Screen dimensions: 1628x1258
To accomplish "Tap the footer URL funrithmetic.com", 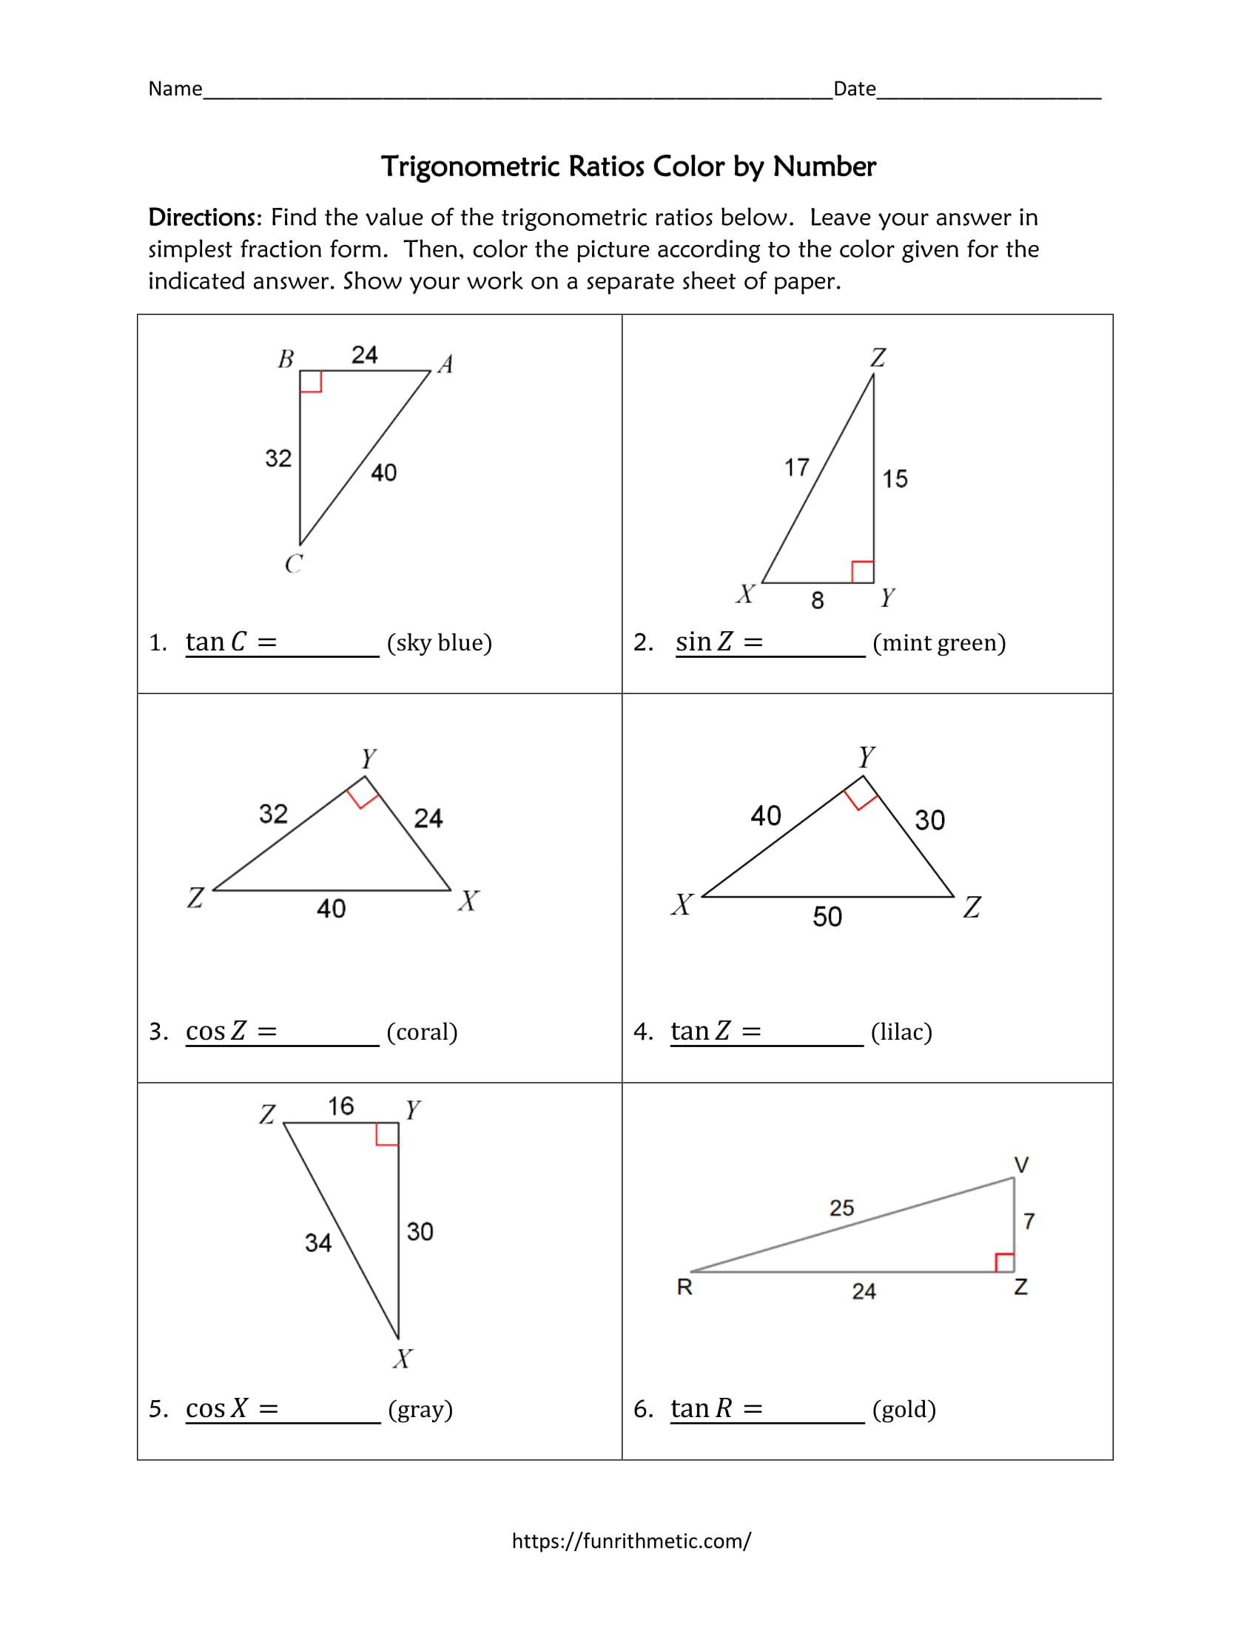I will (630, 1541).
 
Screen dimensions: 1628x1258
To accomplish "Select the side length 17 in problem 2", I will (796, 468).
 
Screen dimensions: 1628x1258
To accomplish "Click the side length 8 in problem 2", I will (818, 600).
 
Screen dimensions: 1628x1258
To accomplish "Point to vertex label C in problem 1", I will (294, 564).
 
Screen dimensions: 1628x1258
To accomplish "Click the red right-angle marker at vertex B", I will (311, 382).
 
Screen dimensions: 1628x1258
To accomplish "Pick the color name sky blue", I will (439, 642).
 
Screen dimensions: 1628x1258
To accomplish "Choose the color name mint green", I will (939, 642).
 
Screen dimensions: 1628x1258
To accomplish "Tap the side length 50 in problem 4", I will (827, 916).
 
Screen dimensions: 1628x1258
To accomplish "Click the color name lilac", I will (901, 1032).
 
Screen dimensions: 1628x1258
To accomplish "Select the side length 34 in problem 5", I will (318, 1242).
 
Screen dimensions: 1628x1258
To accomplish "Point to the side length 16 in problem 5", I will (340, 1106).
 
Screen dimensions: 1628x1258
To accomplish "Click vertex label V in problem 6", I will (1021, 1165).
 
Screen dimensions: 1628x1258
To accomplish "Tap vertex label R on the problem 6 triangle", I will (684, 1288).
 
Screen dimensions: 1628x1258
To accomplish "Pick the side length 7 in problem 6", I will (1029, 1221).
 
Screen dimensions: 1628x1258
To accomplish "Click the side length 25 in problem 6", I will (841, 1208).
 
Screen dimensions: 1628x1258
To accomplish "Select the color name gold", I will (904, 1409).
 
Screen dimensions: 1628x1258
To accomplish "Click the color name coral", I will (422, 1032).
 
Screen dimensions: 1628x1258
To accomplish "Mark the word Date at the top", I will (854, 89).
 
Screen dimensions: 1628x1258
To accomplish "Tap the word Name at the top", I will (175, 89).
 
